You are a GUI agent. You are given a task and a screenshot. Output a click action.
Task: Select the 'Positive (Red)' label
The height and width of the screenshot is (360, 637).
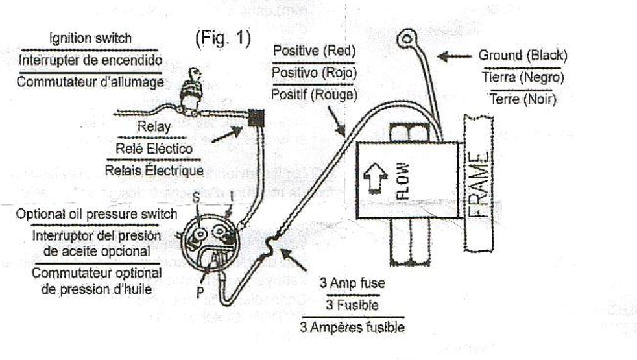point(315,51)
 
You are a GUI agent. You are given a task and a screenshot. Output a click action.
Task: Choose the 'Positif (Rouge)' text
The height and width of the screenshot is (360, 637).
point(315,94)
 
